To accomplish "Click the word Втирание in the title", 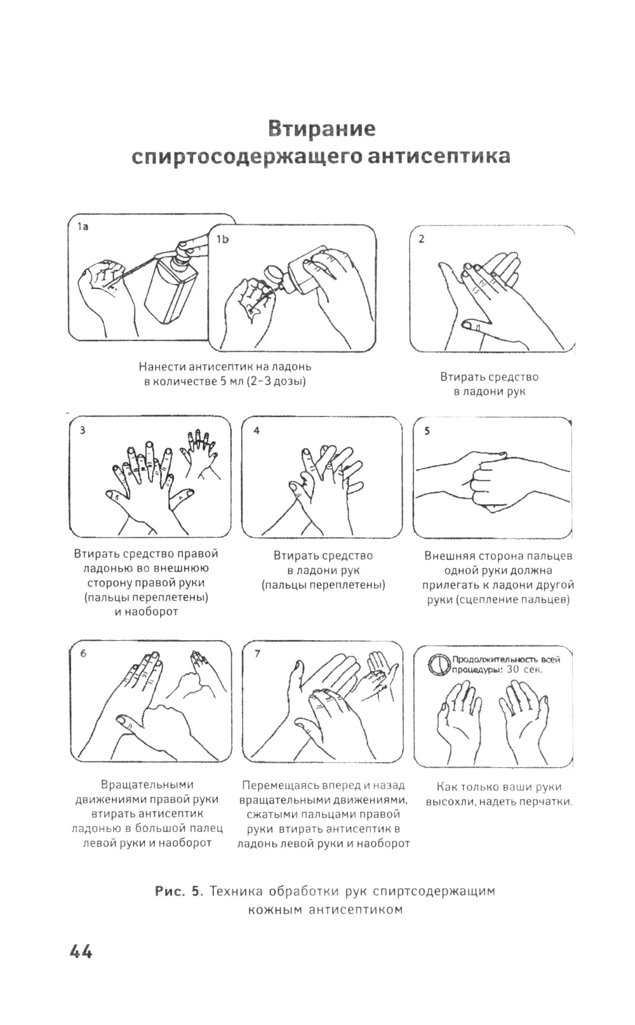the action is (x=321, y=129).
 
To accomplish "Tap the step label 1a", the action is (x=83, y=227).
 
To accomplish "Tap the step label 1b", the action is (x=222, y=239).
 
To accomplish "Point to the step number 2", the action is (x=422, y=239).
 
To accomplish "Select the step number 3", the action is (x=83, y=430).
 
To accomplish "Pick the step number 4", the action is (x=256, y=430).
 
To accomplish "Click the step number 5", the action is (x=427, y=431).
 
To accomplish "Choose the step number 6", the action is (x=83, y=653).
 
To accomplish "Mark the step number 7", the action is (x=257, y=653).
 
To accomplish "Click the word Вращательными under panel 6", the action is (x=147, y=785).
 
